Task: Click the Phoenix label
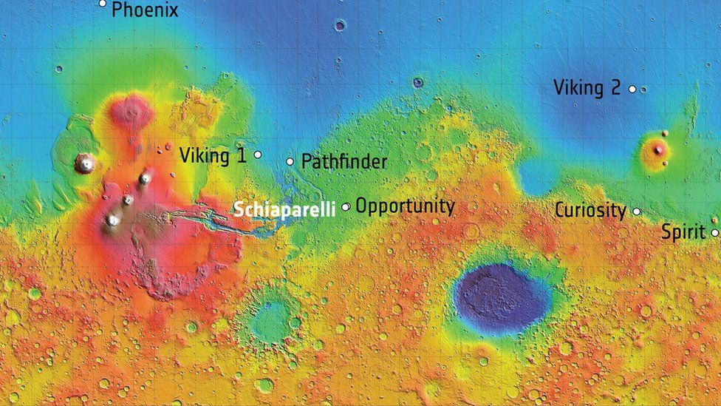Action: coord(145,10)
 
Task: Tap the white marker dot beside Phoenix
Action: coord(103,4)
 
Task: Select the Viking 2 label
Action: coord(587,88)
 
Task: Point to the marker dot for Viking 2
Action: coord(632,89)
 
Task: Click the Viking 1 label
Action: coord(213,155)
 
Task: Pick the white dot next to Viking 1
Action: coord(258,155)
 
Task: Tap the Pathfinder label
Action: coord(344,161)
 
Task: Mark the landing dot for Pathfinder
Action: coord(290,161)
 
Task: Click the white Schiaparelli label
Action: coord(284,209)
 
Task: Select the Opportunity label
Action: coord(405,206)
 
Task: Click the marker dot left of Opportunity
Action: coord(346,207)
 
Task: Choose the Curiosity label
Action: coord(590,210)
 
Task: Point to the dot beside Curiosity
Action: coord(637,212)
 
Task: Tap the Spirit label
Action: coord(683,232)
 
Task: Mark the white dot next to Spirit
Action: coord(715,233)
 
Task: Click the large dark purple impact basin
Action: coord(501,298)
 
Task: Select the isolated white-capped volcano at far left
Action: coord(85,163)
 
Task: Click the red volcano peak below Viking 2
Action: coord(656,150)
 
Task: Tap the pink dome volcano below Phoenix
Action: coord(131,111)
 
